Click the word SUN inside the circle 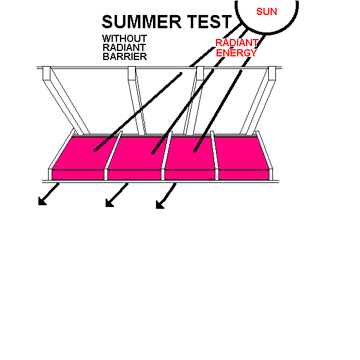266,11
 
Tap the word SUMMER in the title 142,22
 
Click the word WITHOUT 124,38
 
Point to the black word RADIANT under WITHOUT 124,47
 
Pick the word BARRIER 125,56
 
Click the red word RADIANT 237,43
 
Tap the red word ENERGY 236,53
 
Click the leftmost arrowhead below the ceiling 42,201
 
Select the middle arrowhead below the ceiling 110,203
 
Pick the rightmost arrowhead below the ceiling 160,205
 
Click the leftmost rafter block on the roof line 46,73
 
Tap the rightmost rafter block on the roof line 272,73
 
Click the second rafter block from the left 131,73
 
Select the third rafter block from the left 200,73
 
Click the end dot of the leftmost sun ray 95,151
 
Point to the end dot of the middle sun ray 153,152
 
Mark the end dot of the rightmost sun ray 194,151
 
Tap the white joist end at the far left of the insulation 50,175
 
